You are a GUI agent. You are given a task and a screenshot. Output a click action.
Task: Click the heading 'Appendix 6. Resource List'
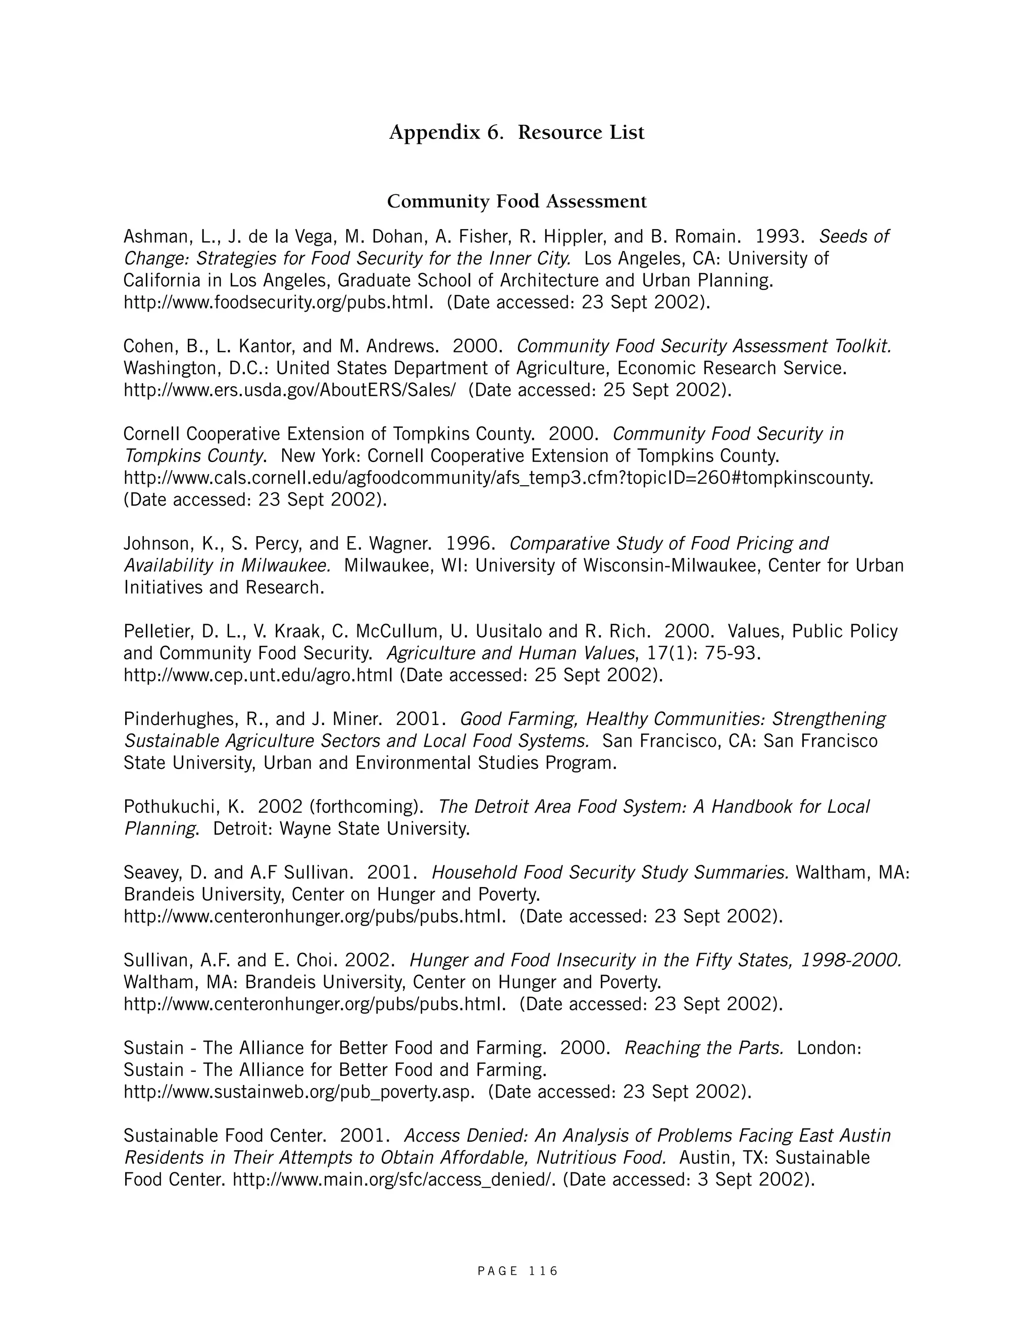(x=516, y=132)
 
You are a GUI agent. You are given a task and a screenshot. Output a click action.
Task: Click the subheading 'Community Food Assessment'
(x=516, y=201)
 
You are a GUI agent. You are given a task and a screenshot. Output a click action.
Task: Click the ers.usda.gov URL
(x=290, y=390)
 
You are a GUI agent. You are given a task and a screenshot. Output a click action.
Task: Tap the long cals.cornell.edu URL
(x=498, y=478)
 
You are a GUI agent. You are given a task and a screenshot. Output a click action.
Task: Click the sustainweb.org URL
(x=299, y=1092)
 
